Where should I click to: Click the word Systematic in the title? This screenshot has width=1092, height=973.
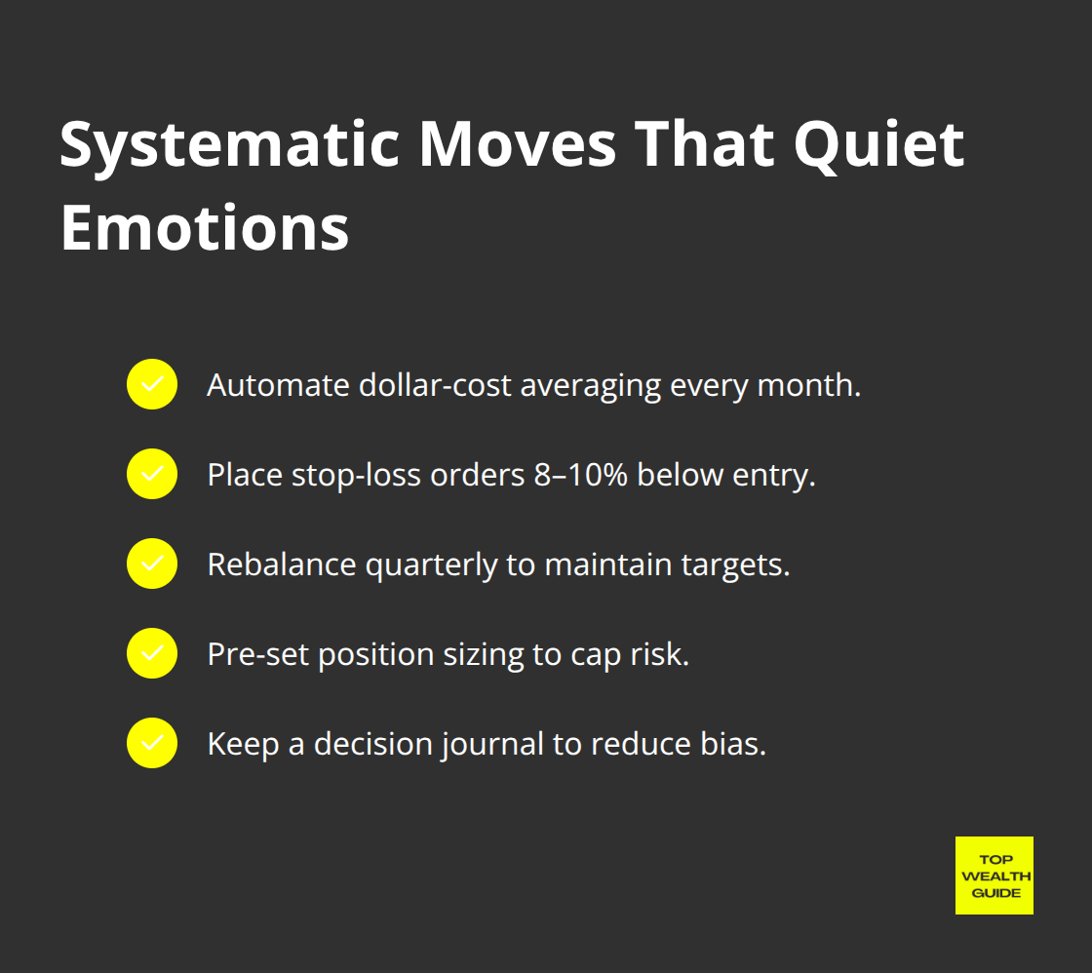[x=229, y=146]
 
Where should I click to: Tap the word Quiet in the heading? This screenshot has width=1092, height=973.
[x=878, y=146]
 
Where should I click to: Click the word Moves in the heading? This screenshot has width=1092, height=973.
[x=520, y=146]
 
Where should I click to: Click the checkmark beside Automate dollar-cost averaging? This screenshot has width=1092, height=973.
[x=152, y=384]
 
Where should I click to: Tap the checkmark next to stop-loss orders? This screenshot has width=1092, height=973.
[x=152, y=474]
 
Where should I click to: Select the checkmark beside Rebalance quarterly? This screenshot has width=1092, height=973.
[x=152, y=564]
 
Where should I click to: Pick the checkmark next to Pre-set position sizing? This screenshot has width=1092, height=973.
[x=152, y=653]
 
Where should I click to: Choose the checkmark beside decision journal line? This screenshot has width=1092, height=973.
[x=152, y=743]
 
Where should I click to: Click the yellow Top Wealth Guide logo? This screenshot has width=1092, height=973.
[x=994, y=876]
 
